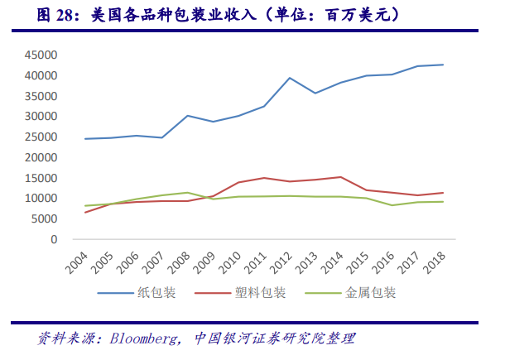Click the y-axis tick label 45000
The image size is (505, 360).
pos(40,55)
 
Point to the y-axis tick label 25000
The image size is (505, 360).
pos(40,137)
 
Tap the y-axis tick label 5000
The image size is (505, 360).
pos(43,219)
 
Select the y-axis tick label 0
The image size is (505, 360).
pos(53,240)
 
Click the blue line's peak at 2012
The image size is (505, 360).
pos(290,78)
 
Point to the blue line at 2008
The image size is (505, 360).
pos(187,116)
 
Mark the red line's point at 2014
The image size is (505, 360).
pos(341,177)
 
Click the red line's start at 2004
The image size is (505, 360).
pos(85,213)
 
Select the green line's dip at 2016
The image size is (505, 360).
pos(392,205)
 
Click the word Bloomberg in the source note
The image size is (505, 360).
pos(142,338)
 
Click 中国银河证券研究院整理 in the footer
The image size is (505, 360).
pos(275,338)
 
